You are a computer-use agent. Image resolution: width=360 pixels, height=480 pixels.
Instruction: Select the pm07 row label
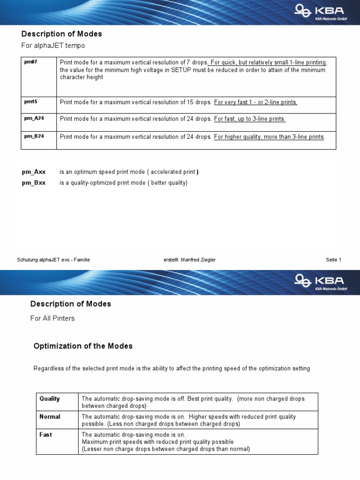click(30, 62)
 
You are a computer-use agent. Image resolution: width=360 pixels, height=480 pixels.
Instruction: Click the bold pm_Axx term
click(34, 172)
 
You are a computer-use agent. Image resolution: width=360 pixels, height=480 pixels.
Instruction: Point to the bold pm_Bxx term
click(34, 183)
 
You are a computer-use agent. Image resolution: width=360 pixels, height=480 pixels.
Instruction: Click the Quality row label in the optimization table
click(50, 398)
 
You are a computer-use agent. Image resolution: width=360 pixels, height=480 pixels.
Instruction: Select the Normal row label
click(50, 416)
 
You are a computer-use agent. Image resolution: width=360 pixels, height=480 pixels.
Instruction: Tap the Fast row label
click(45, 435)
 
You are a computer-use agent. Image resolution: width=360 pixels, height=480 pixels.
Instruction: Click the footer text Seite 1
click(333, 260)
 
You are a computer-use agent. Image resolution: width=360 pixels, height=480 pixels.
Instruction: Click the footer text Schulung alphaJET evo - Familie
click(53, 260)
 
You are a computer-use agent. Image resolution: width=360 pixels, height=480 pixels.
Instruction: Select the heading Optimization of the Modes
click(83, 346)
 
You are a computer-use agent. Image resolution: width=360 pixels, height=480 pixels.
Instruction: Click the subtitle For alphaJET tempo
click(53, 45)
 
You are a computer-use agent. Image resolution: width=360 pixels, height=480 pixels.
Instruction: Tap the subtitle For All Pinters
click(52, 318)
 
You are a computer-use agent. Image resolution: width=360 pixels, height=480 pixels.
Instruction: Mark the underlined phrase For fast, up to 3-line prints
click(249, 119)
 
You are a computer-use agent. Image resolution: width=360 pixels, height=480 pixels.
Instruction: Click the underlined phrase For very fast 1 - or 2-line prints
click(255, 102)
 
